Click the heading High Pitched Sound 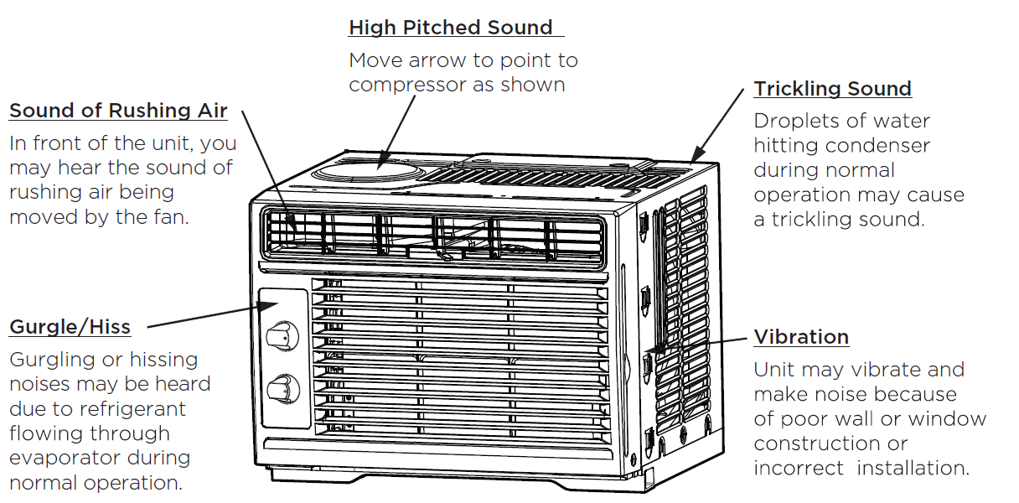coord(451,28)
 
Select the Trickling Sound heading coord(832,89)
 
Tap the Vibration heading coord(801,337)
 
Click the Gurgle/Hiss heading coord(70,327)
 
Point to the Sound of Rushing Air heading coord(118,111)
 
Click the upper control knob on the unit coord(282,337)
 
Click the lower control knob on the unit coord(282,390)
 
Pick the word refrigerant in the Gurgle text coord(141,409)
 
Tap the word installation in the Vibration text coord(913,468)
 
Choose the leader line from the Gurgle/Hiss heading coord(201,316)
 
